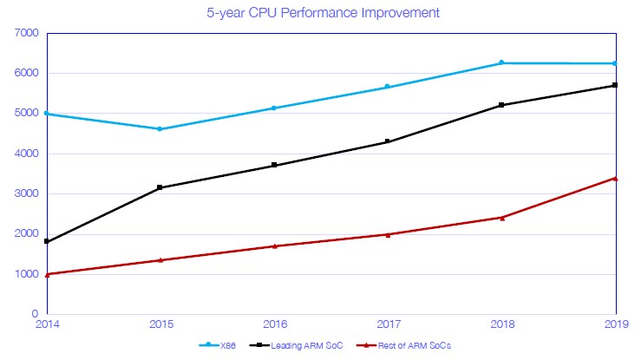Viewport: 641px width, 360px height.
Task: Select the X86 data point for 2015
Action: pos(160,129)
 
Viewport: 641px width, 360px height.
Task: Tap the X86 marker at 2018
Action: pos(501,62)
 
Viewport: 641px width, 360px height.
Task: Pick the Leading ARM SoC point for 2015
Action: pos(160,187)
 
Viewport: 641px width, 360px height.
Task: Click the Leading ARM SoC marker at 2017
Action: pos(388,141)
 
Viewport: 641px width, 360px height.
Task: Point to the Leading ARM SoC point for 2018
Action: pos(501,105)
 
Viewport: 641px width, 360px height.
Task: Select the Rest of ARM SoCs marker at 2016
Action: pos(274,245)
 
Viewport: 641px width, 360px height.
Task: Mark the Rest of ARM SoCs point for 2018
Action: pos(501,217)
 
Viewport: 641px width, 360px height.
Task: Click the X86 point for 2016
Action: pos(274,108)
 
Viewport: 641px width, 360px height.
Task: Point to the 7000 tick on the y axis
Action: pos(28,33)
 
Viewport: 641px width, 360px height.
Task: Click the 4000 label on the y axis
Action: pos(28,154)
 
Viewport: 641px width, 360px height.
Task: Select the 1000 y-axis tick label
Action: pos(28,274)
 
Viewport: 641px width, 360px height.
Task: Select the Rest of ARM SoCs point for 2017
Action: pos(388,234)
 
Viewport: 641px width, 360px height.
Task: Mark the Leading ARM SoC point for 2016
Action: pos(274,165)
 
